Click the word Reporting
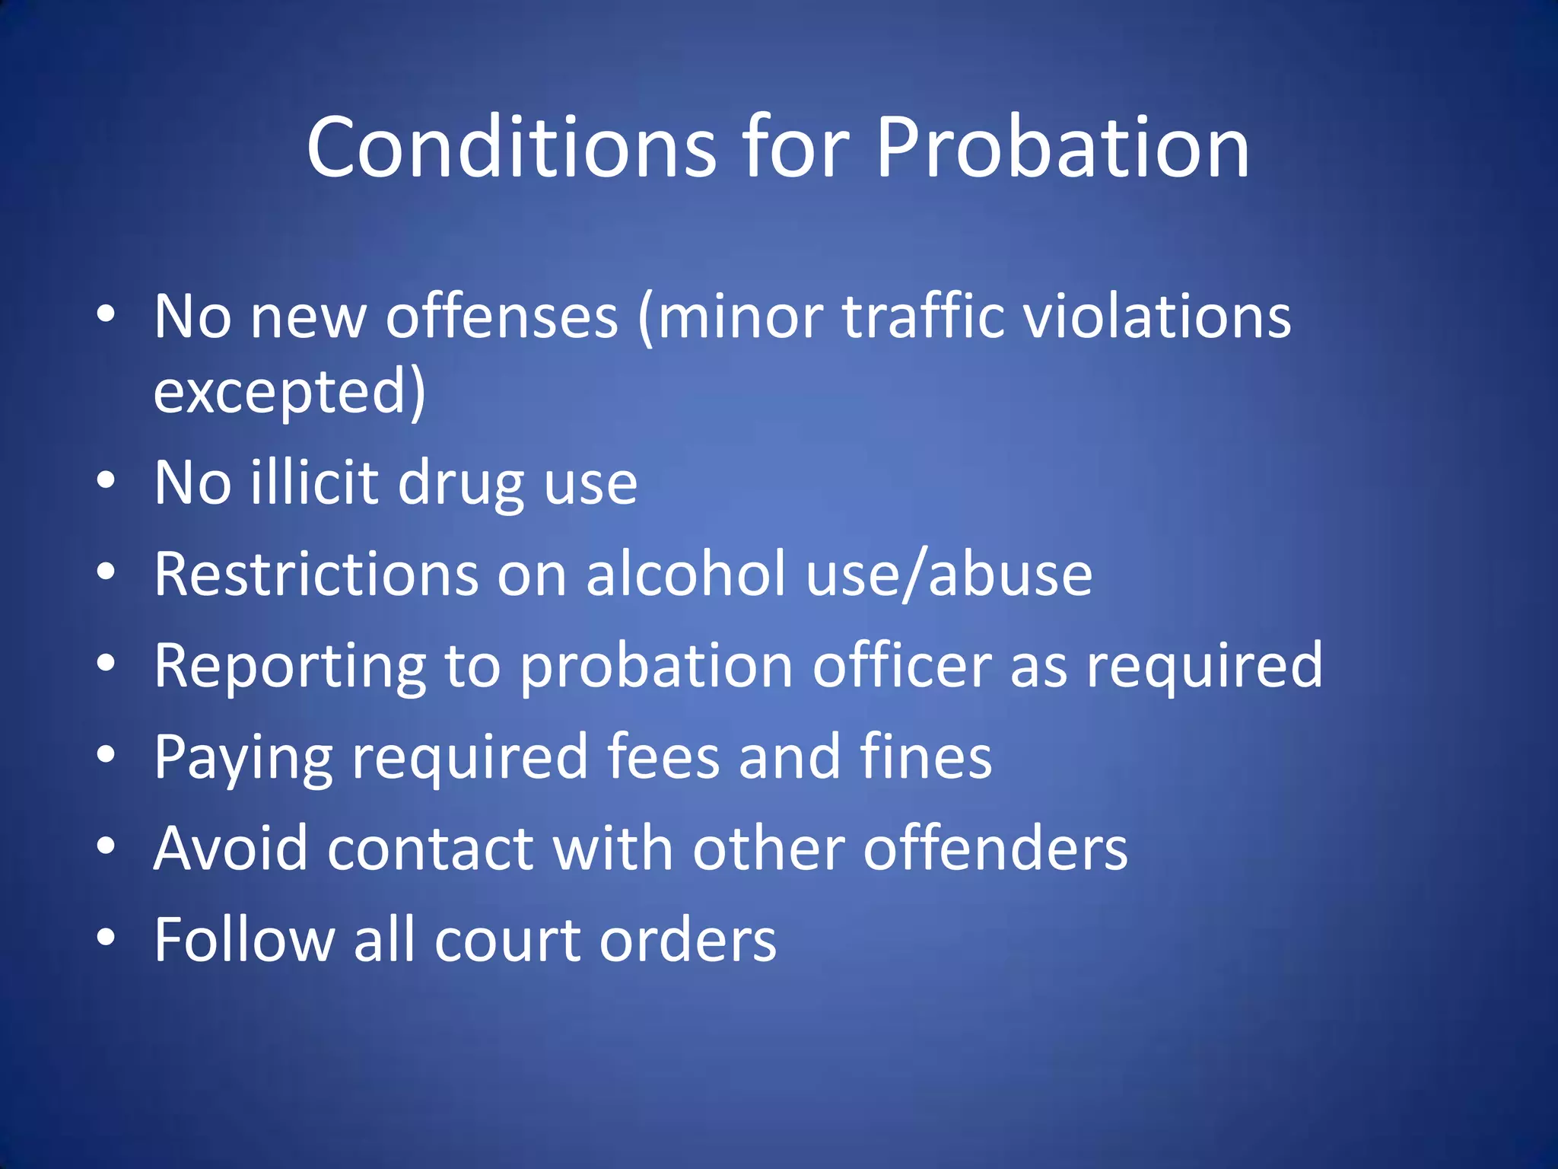pos(290,667)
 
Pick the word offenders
pos(995,848)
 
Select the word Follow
pos(244,940)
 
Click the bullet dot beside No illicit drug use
pos(107,480)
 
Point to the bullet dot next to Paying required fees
pos(107,754)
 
